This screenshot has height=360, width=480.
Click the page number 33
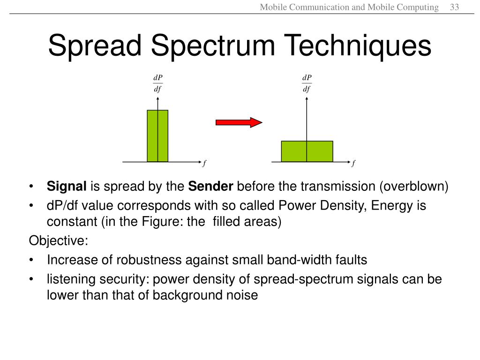pos(454,7)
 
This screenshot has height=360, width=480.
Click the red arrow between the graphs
pos(239,122)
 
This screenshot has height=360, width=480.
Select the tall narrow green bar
pos(157,136)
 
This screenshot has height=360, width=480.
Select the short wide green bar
pos(307,151)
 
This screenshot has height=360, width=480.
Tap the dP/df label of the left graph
pos(158,83)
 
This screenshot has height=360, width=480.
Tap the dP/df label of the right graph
pos(307,83)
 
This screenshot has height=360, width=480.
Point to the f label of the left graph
pos(204,164)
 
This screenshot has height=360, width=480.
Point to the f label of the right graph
pos(353,164)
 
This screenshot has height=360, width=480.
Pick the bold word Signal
pos(67,187)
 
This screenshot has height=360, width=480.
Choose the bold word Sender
pos(210,187)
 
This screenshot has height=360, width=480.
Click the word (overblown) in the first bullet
pos(414,187)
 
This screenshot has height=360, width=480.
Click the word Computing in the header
pos(417,7)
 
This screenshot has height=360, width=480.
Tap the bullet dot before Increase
pos(31,260)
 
